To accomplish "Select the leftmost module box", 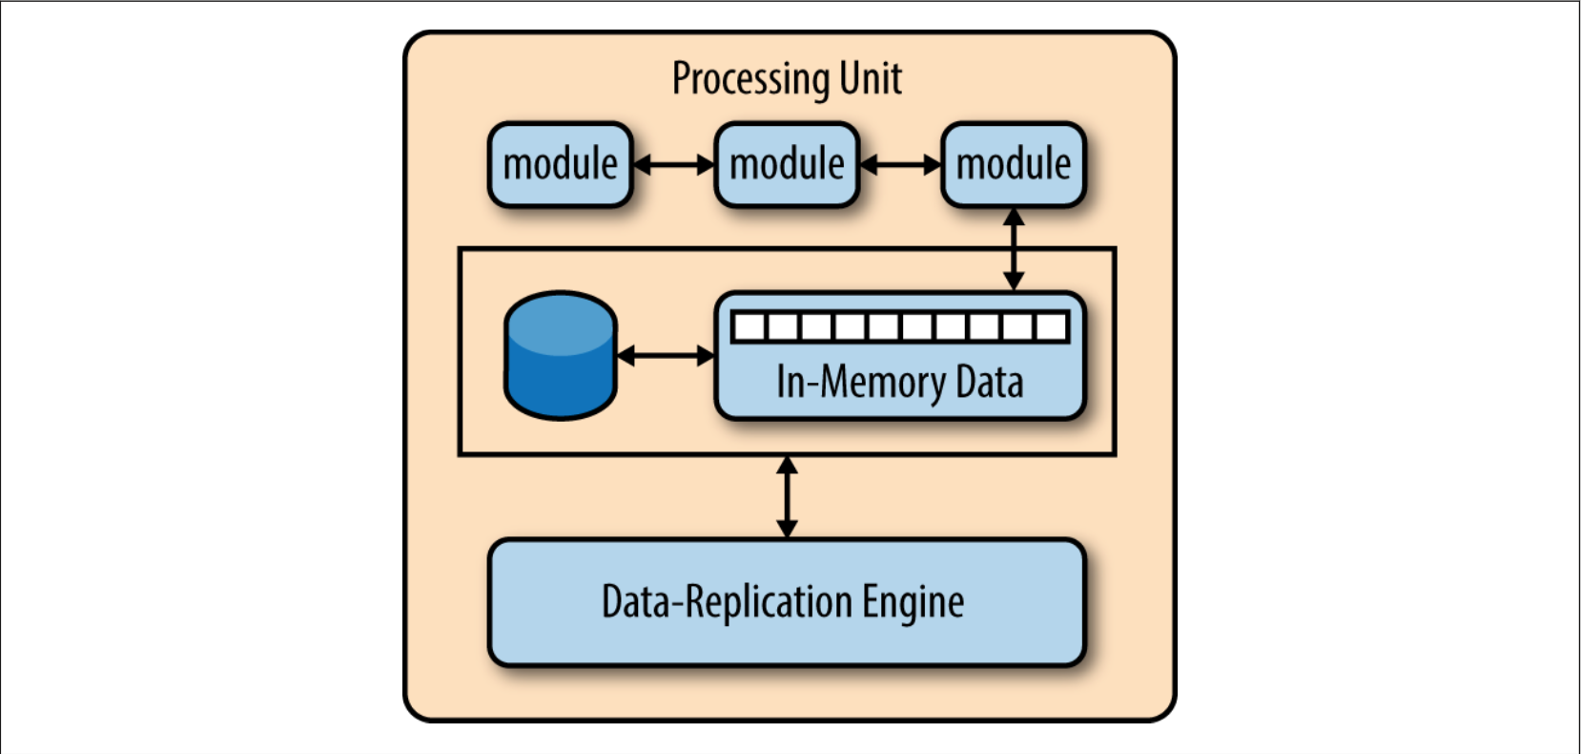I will tap(560, 164).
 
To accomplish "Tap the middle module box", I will tap(787, 164).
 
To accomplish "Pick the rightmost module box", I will tap(1013, 164).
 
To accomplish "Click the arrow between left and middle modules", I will tap(673, 165).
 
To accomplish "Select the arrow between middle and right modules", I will tap(900, 165).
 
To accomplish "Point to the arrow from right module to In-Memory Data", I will tap(1014, 249).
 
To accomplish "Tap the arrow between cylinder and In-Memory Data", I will tap(666, 356).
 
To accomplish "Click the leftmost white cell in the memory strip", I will tap(749, 327).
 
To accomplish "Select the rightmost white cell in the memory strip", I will tap(1051, 327).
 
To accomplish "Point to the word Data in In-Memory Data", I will tap(990, 382).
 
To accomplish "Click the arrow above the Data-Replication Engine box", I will tap(787, 497).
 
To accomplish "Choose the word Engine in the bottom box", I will tap(913, 602).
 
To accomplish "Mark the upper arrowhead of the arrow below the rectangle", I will tap(787, 466).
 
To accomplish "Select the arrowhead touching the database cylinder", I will tap(626, 356).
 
